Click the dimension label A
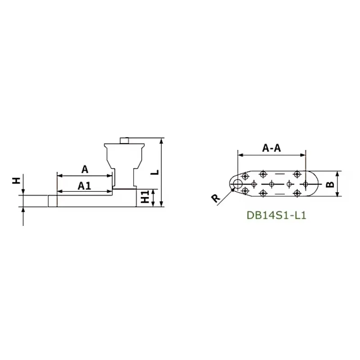point(85,170)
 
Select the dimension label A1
point(84,186)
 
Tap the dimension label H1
point(145,197)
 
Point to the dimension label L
point(156,172)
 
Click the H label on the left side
point(17,181)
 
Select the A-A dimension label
point(271,148)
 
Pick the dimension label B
point(330,184)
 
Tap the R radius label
point(216,198)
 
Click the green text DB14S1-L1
point(276,216)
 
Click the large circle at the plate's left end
point(238,184)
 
